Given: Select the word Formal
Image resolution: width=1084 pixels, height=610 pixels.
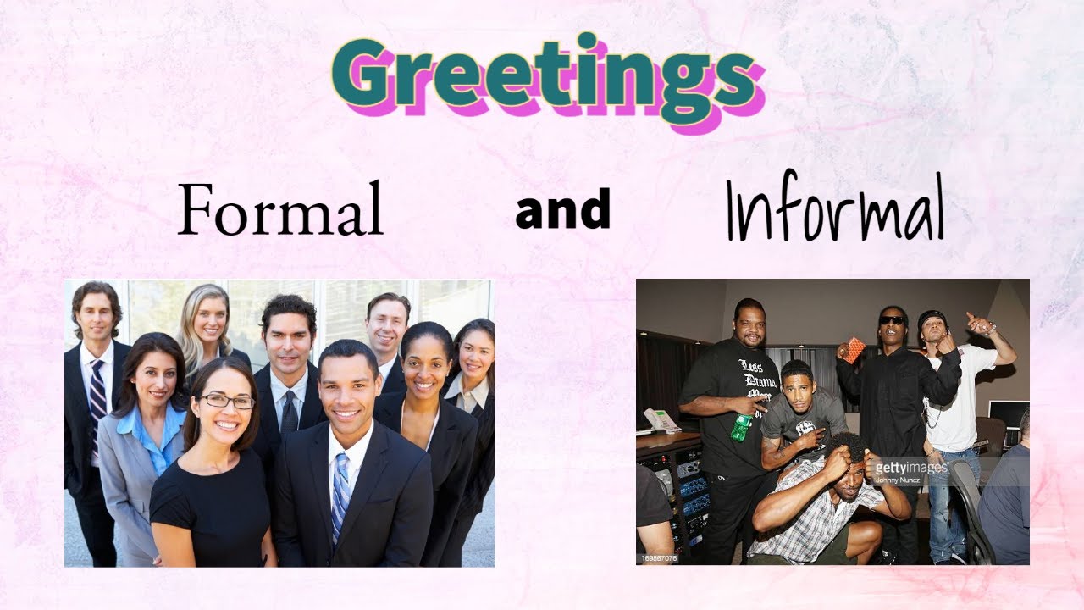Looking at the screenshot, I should click(x=280, y=209).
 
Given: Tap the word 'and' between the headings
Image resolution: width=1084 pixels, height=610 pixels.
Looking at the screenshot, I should click(x=563, y=209).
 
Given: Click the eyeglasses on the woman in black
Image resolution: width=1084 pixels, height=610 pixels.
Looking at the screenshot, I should click(x=227, y=402).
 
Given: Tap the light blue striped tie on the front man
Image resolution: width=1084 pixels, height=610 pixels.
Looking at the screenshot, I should click(x=340, y=491).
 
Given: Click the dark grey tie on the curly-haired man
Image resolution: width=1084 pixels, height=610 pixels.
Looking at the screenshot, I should click(x=290, y=415).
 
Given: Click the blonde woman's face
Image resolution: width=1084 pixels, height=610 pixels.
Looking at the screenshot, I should click(x=208, y=320).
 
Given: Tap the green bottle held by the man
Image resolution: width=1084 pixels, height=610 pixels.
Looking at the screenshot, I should click(x=741, y=427).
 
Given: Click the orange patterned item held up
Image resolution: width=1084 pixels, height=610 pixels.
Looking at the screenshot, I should click(x=854, y=350).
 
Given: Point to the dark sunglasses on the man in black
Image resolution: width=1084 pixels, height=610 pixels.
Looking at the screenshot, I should click(x=891, y=320).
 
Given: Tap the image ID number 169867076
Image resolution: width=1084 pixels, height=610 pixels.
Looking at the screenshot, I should click(x=658, y=558).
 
